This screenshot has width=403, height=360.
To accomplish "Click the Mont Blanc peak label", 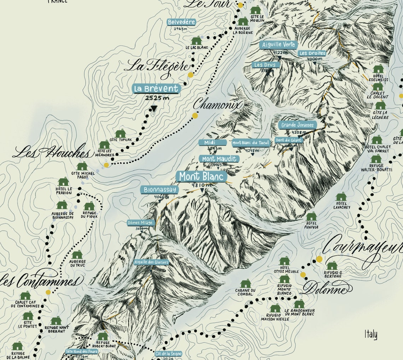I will point(202,176).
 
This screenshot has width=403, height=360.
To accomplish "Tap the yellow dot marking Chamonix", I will point(195,116).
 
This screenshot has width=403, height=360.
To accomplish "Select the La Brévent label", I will point(156,88).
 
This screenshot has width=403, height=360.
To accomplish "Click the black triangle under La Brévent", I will point(154,108).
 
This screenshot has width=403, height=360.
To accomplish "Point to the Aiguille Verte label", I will point(279,45).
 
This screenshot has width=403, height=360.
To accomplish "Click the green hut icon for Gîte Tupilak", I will point(121,133).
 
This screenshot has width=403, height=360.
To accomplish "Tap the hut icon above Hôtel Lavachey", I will point(341,197).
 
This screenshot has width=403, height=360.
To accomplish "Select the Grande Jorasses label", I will point(297,125).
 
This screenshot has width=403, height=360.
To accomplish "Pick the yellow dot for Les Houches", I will point(106,165).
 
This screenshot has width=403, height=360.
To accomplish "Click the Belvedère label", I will point(181,22).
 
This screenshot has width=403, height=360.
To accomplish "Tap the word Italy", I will point(371,334).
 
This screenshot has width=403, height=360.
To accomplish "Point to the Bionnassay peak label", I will point(159,190).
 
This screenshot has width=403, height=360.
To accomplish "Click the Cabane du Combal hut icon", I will point(245,284).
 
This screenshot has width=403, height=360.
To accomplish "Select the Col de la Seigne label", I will point(169,354).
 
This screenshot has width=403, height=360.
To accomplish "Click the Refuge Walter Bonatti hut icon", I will point(376,159).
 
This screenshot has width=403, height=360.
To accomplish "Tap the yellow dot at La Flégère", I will point(191,75).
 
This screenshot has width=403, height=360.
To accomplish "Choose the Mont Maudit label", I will point(219,159).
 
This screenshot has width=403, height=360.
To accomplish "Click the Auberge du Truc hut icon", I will point(77,255).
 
